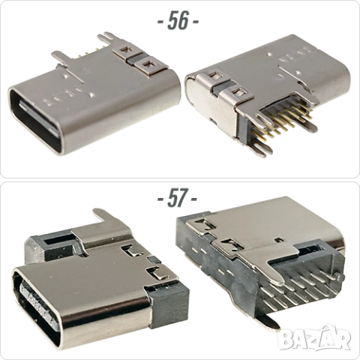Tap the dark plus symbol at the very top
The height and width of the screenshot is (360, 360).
[x=180, y=20]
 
